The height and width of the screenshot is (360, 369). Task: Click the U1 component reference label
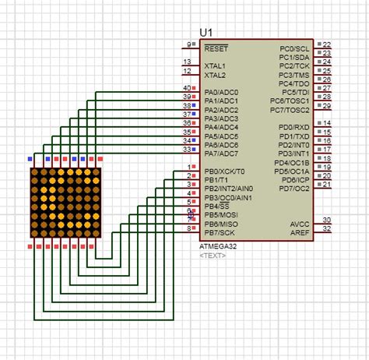pos(206,32)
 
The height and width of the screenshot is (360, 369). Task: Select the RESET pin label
pos(216,48)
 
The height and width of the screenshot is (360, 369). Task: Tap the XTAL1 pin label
pos(215,66)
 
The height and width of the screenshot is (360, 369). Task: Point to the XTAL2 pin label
pos(215,76)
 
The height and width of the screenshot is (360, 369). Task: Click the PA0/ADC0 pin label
pos(221,92)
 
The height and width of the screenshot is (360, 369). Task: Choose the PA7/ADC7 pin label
pos(221,153)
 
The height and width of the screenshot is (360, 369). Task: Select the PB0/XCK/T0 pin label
pos(224,171)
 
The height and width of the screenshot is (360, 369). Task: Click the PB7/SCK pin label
pos(220,231)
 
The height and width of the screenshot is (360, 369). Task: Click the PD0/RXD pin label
pos(295,127)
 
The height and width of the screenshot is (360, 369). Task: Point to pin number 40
pos(186,88)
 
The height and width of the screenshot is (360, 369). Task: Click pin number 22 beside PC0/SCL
pos(327,44)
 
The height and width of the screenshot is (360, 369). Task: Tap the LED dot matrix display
pos(66,202)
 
